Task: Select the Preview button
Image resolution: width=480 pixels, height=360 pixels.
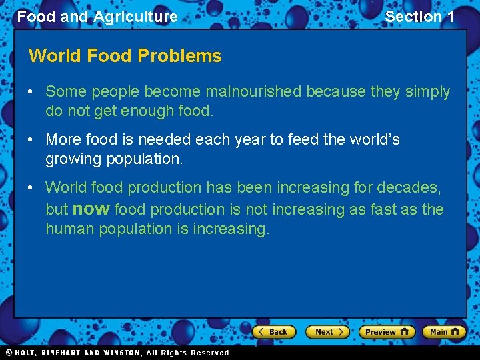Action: pyautogui.click(x=386, y=332)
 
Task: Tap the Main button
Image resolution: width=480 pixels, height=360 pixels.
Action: pyautogui.click(x=443, y=332)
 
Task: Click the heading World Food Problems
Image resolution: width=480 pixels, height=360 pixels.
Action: pyautogui.click(x=125, y=56)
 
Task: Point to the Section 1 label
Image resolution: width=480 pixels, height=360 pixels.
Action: pyautogui.click(x=419, y=17)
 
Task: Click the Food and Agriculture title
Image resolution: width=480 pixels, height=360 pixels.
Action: pyautogui.click(x=97, y=17)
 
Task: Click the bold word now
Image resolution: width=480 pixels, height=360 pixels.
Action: pyautogui.click(x=91, y=209)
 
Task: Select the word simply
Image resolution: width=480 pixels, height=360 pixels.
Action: pyautogui.click(x=427, y=91)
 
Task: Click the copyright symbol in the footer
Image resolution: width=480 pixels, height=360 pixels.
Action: pyautogui.click(x=9, y=353)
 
